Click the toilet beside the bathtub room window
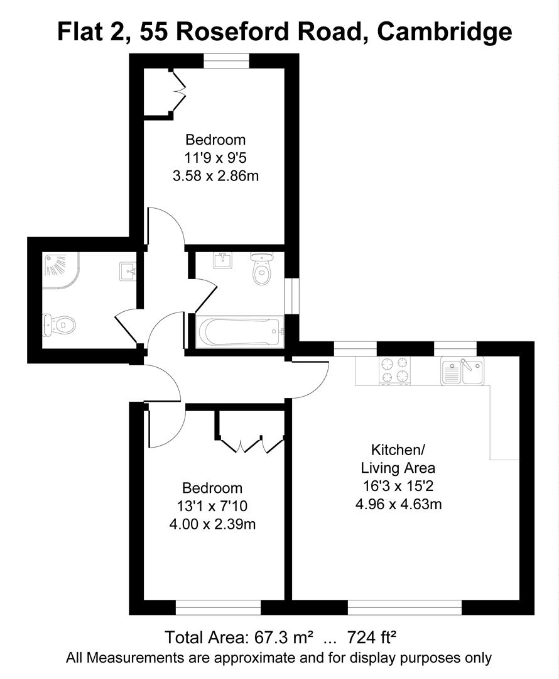(x=261, y=268)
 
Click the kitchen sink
(x=462, y=371)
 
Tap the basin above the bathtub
(x=222, y=260)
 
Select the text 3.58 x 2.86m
(x=215, y=176)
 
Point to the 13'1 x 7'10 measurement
(x=212, y=506)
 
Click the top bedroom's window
(x=226, y=60)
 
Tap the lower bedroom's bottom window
(x=217, y=607)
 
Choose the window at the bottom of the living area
(x=404, y=607)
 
